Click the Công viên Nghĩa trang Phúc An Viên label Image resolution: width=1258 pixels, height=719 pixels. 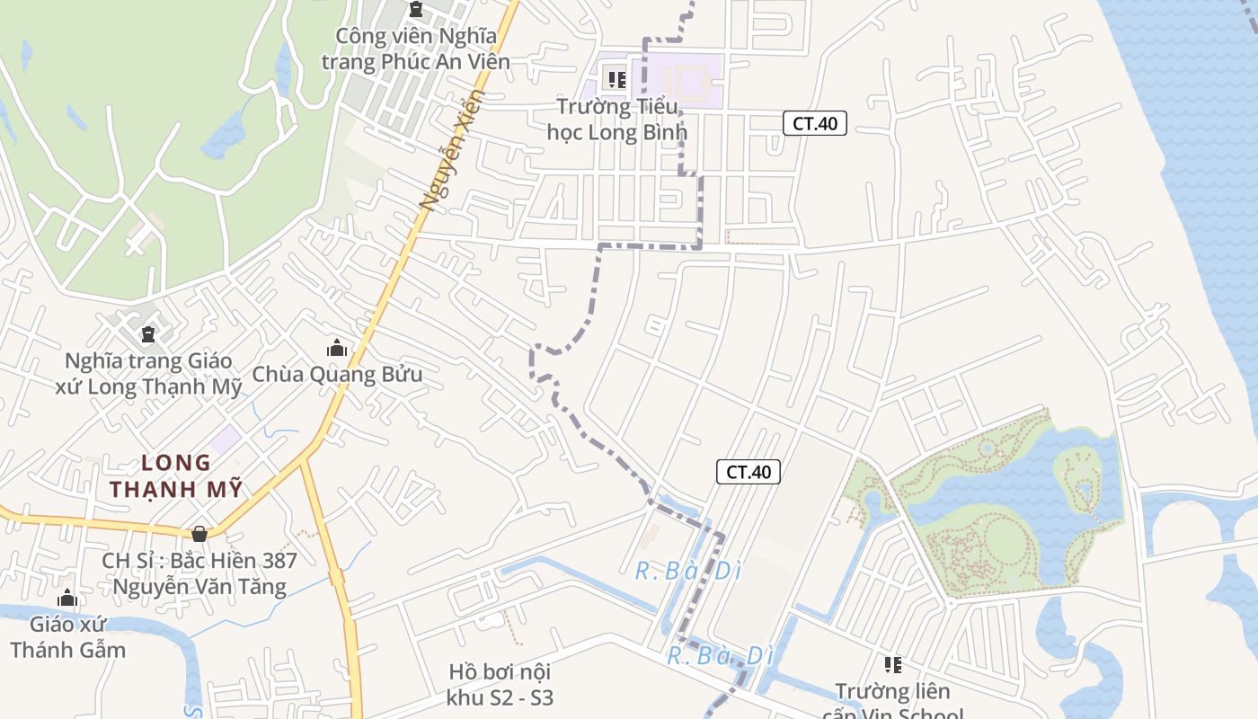(415, 49)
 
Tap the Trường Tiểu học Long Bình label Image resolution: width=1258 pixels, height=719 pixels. (616, 120)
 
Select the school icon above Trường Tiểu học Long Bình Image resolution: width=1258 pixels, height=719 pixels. (616, 79)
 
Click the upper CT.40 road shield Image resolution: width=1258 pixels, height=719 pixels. (815, 123)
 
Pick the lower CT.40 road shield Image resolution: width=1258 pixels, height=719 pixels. (749, 472)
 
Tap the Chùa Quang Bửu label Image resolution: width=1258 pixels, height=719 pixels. (337, 374)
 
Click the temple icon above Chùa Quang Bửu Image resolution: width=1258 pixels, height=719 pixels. (337, 348)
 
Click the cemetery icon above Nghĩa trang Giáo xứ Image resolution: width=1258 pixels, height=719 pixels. (148, 335)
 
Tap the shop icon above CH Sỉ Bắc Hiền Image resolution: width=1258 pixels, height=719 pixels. (199, 534)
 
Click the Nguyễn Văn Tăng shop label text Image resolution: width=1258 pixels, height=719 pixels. (199, 587)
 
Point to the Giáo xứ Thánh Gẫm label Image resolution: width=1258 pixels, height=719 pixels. (67, 636)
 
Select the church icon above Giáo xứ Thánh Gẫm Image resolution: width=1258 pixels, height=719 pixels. (67, 599)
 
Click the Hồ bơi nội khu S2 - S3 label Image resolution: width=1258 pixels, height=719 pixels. (500, 685)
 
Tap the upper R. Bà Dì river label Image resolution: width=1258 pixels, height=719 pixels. (687, 571)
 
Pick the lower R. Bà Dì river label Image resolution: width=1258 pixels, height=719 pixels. (720, 655)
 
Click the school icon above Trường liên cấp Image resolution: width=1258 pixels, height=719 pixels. (892, 665)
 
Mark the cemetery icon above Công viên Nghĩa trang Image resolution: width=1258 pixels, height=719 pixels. (415, 10)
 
